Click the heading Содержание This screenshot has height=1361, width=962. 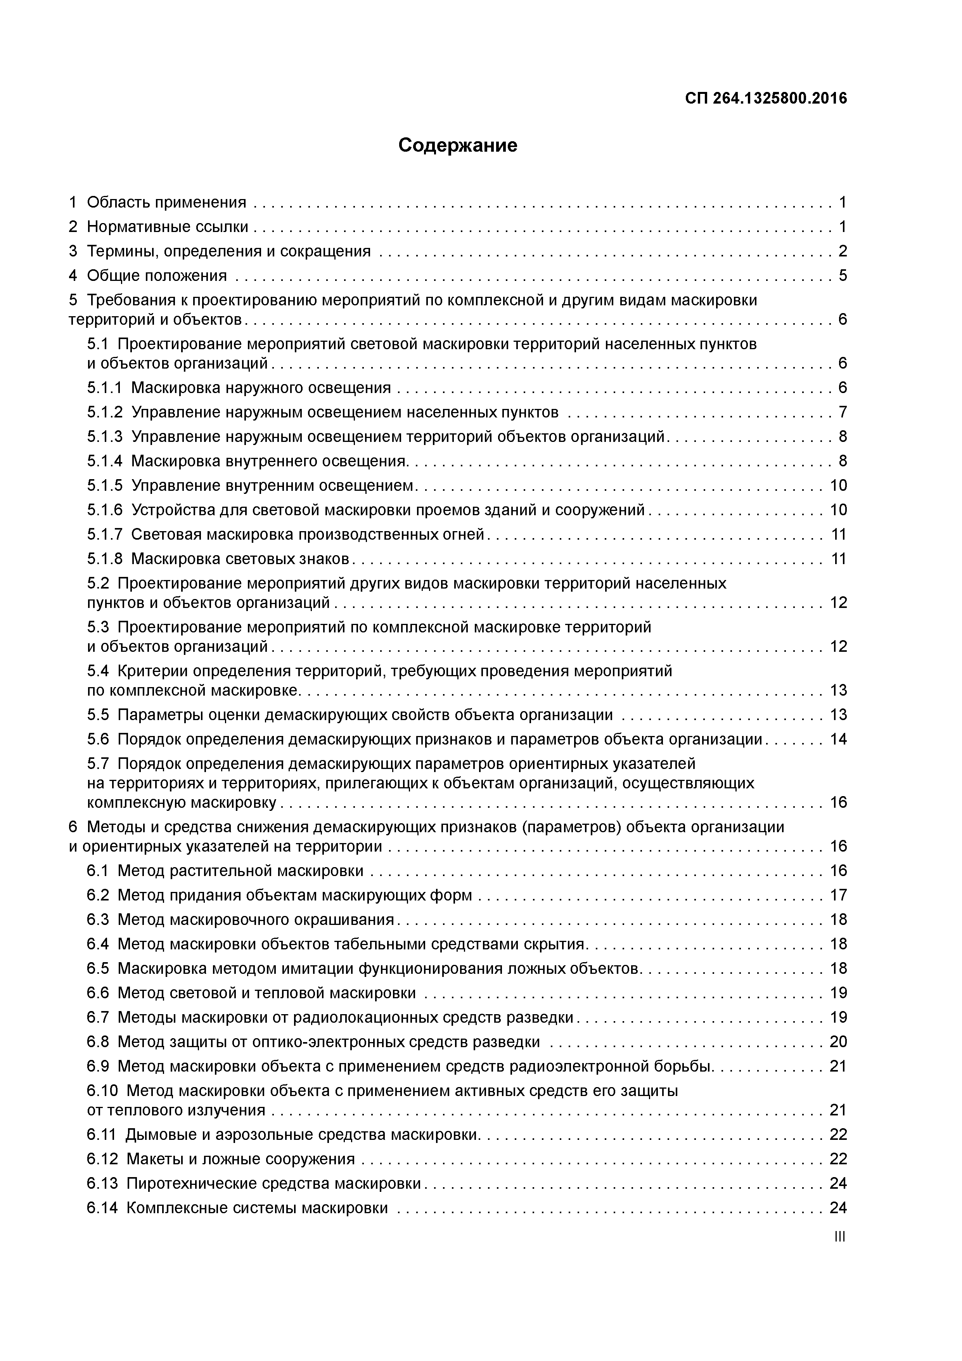tap(458, 145)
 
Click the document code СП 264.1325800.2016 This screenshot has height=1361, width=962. tap(766, 99)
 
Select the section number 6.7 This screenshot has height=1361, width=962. tap(98, 1017)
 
